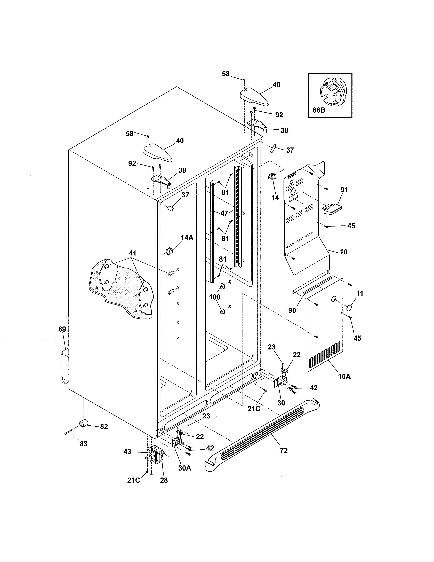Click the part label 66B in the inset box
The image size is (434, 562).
click(319, 110)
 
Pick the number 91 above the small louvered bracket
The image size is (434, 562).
click(344, 190)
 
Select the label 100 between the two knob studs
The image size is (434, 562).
click(215, 297)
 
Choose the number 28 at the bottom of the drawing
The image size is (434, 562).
click(164, 480)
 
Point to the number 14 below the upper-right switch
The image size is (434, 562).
click(275, 198)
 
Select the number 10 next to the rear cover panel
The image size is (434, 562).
click(343, 252)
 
